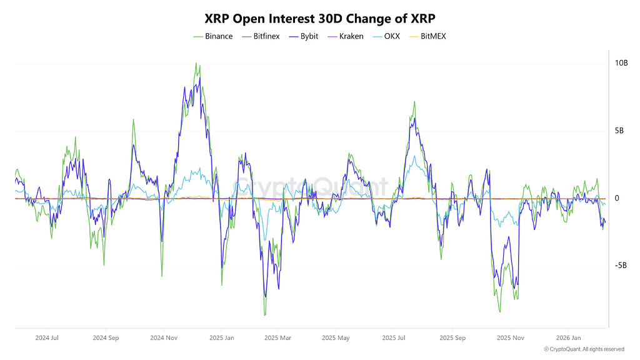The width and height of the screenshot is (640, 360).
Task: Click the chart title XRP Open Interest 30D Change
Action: pyautogui.click(x=319, y=18)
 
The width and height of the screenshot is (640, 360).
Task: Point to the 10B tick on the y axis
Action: pyautogui.click(x=621, y=63)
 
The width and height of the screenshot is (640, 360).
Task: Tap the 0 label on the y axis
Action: pyautogui.click(x=617, y=198)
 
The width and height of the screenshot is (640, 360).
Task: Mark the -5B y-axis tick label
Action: pyautogui.click(x=620, y=266)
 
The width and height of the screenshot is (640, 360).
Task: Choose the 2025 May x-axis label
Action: pyautogui.click(x=336, y=338)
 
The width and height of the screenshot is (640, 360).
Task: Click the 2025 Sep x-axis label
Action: pyautogui.click(x=452, y=338)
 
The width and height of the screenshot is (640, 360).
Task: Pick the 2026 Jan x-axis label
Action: pyautogui.click(x=567, y=338)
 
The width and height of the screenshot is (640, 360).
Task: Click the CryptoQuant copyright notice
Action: pyautogui.click(x=584, y=349)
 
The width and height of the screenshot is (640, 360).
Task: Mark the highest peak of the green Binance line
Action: pyautogui.click(x=196, y=63)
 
